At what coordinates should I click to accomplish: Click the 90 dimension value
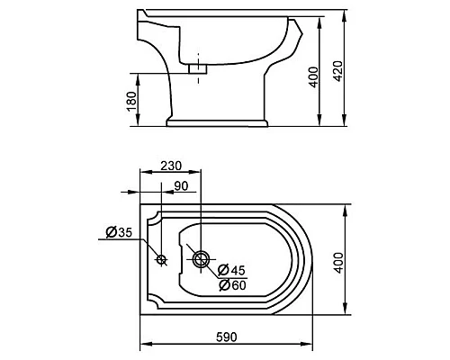pyautogui.click(x=181, y=186)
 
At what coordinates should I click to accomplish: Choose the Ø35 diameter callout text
pyautogui.click(x=120, y=233)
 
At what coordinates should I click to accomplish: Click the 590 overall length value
pyautogui.click(x=228, y=336)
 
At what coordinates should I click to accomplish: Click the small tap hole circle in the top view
pyautogui.click(x=162, y=260)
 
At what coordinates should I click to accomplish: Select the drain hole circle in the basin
pyautogui.click(x=202, y=260)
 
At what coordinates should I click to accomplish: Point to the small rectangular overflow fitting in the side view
pyautogui.click(x=200, y=67)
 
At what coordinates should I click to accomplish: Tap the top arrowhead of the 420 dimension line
pyautogui.click(x=345, y=15)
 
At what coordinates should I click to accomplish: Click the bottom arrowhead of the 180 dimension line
pyautogui.click(x=141, y=123)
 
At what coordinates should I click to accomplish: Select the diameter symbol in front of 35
pyautogui.click(x=110, y=233)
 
